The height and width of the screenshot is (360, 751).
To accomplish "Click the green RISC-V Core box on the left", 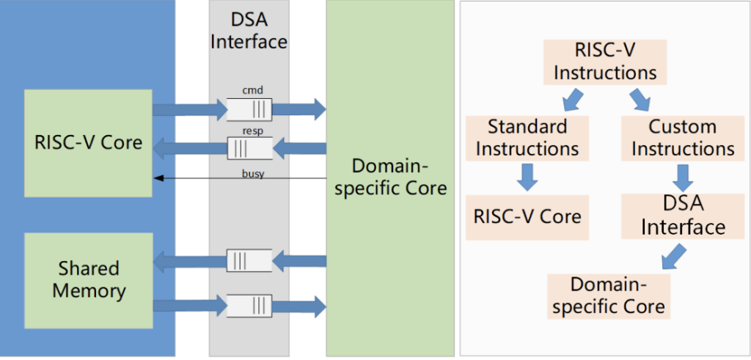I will coord(88,142).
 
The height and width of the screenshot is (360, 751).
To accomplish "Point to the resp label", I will coord(253,129).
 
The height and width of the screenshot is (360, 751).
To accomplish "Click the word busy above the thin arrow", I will coord(254,172).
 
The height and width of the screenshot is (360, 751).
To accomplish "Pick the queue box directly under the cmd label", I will coord(249,110).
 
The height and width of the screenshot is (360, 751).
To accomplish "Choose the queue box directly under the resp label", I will coord(249,149).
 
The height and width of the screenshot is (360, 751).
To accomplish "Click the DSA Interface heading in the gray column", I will coord(249,31).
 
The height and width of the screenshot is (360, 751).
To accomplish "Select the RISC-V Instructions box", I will coord(604,62).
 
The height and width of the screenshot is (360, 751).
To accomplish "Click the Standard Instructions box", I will coord(527,137).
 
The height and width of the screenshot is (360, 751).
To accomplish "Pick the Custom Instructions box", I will coord(683,137).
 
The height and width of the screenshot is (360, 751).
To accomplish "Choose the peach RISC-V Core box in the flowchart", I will coord(527,216).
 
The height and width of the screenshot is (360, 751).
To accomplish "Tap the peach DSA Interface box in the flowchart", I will coord(683,216).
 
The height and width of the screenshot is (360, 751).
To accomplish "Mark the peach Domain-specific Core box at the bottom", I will coord(607,295).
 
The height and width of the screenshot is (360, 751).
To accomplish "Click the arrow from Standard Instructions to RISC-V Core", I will coord(527,177).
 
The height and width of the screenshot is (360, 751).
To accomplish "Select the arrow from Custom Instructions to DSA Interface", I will coord(683,177).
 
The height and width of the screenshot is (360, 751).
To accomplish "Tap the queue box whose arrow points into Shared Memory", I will coord(249,260).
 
